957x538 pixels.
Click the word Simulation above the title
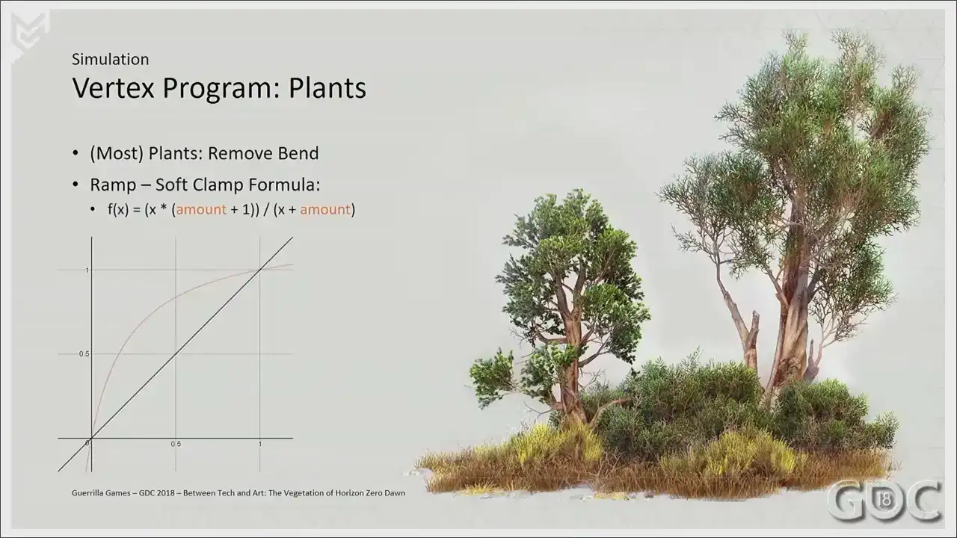pos(110,59)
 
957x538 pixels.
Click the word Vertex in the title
pos(113,88)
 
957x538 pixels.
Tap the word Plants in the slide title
pos(327,88)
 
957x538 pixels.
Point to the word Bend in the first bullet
pos(298,153)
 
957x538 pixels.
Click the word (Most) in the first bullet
pos(117,153)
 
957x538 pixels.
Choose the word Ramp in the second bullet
pos(113,185)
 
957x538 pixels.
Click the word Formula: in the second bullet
pos(285,185)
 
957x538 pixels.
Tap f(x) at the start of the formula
pos(118,210)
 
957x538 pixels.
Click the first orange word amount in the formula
pos(201,210)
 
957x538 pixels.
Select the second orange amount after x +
pos(325,210)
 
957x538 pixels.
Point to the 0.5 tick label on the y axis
pos(84,354)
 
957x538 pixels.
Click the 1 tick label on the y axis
pos(87,270)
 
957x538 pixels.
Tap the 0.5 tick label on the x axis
pos(176,444)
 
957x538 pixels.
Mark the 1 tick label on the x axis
pos(259,444)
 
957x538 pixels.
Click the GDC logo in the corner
pos(884,501)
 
